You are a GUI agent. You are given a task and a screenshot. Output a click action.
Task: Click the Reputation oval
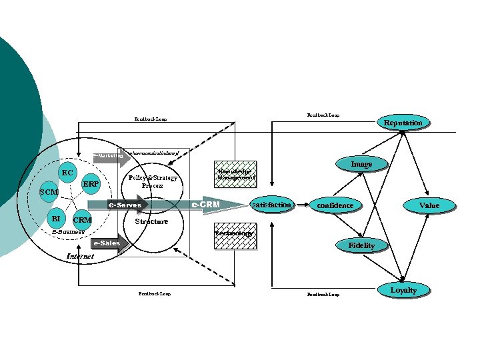click(403, 123)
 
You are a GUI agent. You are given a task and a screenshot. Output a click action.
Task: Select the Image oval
click(361, 164)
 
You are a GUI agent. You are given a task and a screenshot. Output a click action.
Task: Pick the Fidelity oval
click(361, 245)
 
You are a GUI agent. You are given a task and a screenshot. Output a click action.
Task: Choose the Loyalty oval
click(403, 290)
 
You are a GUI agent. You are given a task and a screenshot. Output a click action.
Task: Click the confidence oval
click(335, 205)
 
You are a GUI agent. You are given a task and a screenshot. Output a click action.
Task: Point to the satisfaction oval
click(271, 205)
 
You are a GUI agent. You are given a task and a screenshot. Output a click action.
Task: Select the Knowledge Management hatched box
click(234, 175)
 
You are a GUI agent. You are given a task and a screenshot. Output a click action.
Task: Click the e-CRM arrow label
click(206, 204)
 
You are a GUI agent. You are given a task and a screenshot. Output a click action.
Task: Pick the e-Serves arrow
click(126, 205)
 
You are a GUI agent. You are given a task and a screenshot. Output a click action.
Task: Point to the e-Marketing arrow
click(109, 156)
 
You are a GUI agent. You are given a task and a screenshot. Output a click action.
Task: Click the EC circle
click(67, 173)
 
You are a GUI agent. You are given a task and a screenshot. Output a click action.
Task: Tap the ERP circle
click(91, 184)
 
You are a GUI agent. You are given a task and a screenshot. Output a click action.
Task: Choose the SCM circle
click(48, 193)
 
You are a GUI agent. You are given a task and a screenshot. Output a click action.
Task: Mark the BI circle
click(56, 218)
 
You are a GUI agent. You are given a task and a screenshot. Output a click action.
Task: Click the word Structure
click(151, 221)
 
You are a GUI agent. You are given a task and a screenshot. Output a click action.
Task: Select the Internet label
click(81, 257)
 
